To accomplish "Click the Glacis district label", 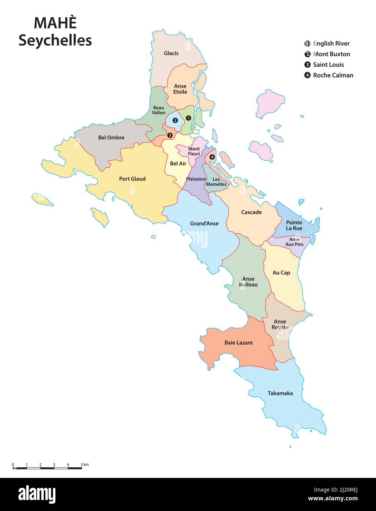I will pyautogui.click(x=171, y=53).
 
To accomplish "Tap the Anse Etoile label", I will pyautogui.click(x=180, y=89).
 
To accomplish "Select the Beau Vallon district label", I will pyautogui.click(x=159, y=110).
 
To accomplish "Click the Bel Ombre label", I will pyautogui.click(x=111, y=137).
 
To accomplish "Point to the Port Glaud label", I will pyautogui.click(x=132, y=179).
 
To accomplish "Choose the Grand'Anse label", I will pyautogui.click(x=204, y=224).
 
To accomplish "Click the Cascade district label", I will pyautogui.click(x=252, y=212).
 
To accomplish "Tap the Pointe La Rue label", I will pyautogui.click(x=294, y=225).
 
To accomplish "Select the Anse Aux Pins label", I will pyautogui.click(x=294, y=242).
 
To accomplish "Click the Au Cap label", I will pyautogui.click(x=281, y=273).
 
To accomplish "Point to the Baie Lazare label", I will pyautogui.click(x=239, y=343).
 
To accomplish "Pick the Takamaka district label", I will pyautogui.click(x=280, y=393).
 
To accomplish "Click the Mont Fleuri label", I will pyautogui.click(x=194, y=151).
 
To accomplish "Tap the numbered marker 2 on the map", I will pyautogui.click(x=175, y=120).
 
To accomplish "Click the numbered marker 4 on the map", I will pyautogui.click(x=212, y=157).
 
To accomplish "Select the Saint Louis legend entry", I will pyautogui.click(x=328, y=65).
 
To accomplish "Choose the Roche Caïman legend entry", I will pyautogui.click(x=333, y=75).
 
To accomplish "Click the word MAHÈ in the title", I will pyautogui.click(x=55, y=23).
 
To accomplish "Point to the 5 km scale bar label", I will pyautogui.click(x=85, y=465).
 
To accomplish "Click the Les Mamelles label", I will pyautogui.click(x=216, y=182).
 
